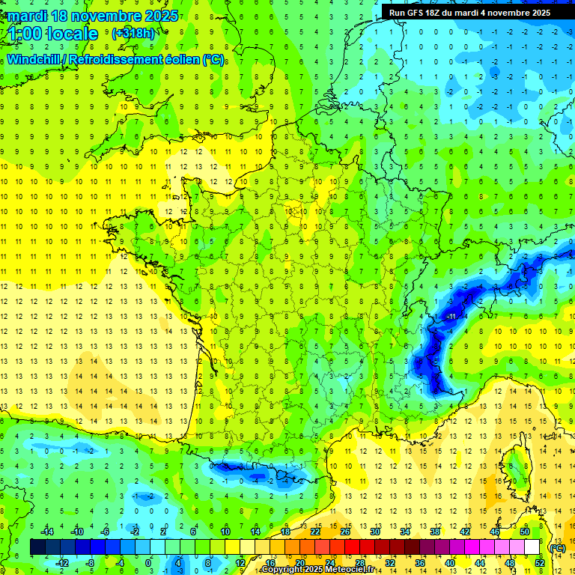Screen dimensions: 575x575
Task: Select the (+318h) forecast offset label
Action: pyautogui.click(x=133, y=34)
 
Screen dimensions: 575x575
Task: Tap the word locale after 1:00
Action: pyautogui.click(x=72, y=34)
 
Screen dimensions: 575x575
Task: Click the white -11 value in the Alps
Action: pyautogui.click(x=451, y=317)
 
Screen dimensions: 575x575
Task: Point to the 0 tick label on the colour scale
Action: pyautogui.click(x=148, y=562)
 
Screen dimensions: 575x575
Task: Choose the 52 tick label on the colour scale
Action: pyautogui.click(x=540, y=562)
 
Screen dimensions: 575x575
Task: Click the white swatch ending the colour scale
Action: pyautogui.click(x=532, y=547)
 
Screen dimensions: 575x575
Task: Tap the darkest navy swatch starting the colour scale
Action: pyautogui.click(x=38, y=547)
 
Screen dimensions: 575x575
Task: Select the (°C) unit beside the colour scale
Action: pyautogui.click(x=557, y=547)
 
